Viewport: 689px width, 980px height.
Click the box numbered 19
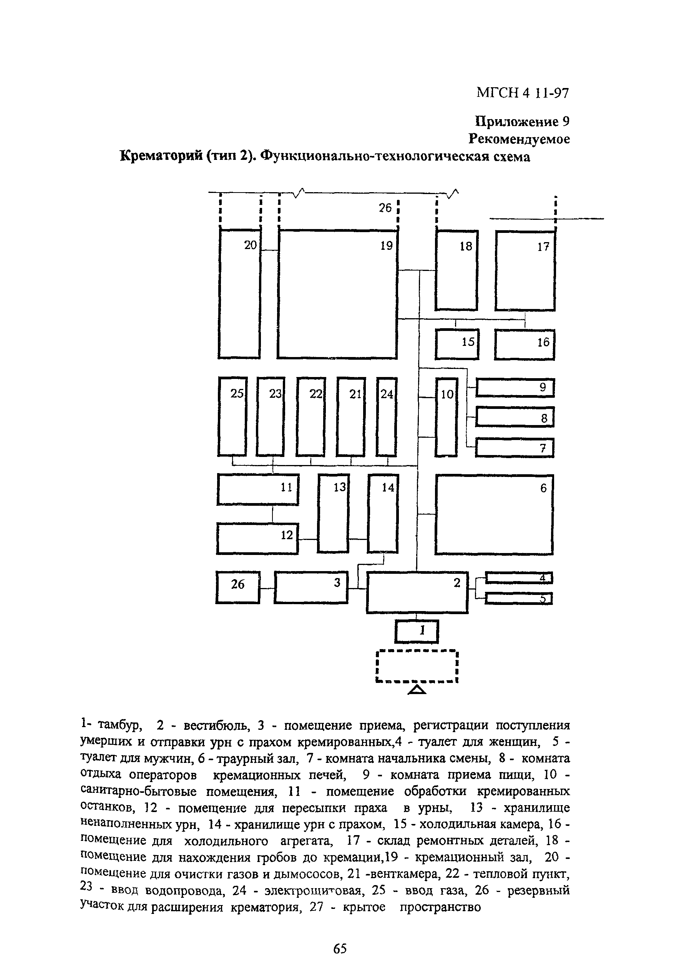(337, 294)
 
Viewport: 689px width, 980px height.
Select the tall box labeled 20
(239, 294)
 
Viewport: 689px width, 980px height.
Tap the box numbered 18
(457, 270)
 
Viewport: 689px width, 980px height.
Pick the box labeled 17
(525, 271)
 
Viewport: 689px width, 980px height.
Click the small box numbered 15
(457, 344)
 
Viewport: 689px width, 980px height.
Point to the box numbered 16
(524, 344)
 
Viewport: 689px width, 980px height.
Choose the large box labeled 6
(494, 515)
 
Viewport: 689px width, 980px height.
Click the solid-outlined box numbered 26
(237, 587)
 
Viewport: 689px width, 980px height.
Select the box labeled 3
(311, 587)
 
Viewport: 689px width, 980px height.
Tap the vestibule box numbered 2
(417, 593)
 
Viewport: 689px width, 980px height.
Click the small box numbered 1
(417, 631)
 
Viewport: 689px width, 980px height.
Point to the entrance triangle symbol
(417, 690)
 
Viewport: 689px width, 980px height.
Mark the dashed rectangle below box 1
(417, 666)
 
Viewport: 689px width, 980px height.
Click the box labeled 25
(232, 417)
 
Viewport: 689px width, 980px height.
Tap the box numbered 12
(257, 538)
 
